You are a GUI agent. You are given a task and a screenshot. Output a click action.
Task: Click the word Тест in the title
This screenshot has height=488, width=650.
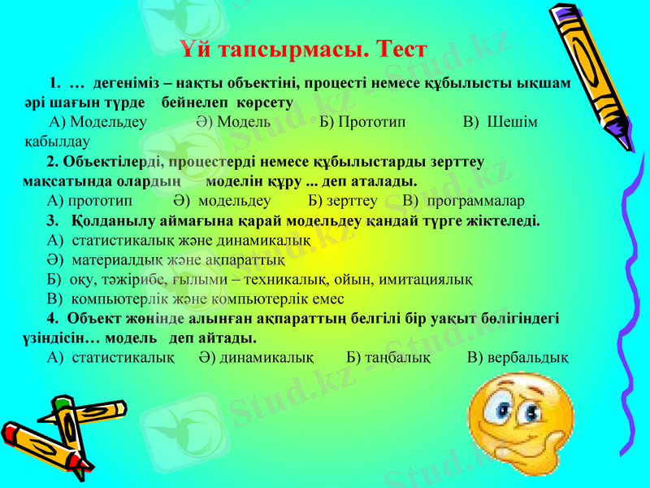click(x=397, y=50)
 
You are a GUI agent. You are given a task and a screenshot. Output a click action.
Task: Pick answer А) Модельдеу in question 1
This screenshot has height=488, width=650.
click(x=97, y=122)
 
